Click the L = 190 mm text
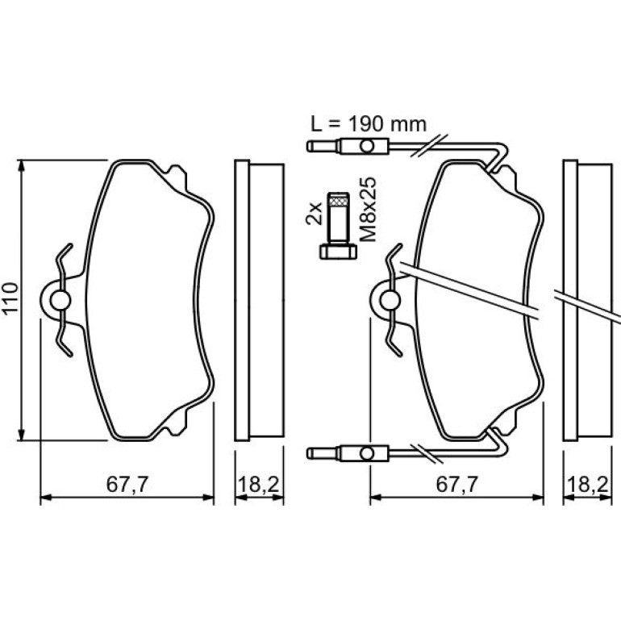coord(369,124)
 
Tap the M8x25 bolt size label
coord(368,210)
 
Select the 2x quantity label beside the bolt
coord(314,214)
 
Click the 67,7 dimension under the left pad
coord(127,484)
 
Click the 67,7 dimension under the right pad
coord(457,484)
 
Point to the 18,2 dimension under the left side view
coord(259,484)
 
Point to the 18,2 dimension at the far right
coord(588,484)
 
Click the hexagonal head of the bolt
coord(338,252)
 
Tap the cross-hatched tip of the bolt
coord(338,200)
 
